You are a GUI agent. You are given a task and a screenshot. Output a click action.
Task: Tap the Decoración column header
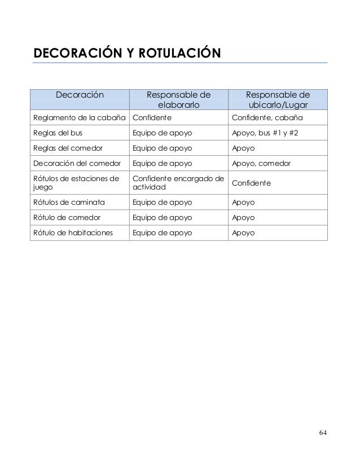click(80, 95)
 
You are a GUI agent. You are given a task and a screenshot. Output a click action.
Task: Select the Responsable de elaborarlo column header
click(178, 100)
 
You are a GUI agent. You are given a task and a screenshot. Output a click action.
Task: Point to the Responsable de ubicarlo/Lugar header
click(277, 100)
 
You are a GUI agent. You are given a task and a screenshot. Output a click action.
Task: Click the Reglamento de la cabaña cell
click(80, 118)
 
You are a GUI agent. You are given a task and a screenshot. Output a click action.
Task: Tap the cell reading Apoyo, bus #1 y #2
click(269, 134)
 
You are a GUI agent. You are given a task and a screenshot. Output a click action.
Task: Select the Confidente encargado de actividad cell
click(178, 183)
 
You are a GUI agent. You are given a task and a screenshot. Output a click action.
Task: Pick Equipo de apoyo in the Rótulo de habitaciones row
click(162, 232)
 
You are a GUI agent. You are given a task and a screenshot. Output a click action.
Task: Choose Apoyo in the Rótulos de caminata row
click(243, 202)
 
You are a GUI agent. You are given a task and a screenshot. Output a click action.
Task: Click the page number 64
click(322, 433)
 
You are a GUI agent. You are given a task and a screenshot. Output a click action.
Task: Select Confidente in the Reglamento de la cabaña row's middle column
click(152, 118)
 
